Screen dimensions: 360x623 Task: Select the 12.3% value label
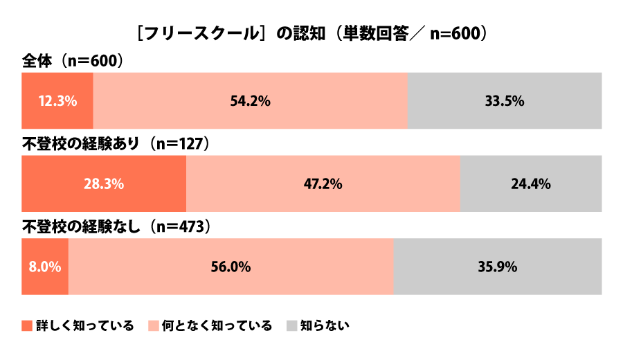click(57, 101)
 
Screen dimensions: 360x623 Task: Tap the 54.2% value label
click(250, 101)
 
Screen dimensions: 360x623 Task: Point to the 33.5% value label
click(505, 101)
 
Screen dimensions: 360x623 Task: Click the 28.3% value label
click(104, 184)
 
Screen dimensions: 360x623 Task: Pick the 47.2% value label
click(323, 184)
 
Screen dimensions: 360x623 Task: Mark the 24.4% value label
click(531, 184)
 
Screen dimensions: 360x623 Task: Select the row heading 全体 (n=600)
click(73, 61)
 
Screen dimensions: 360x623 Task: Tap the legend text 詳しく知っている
click(84, 325)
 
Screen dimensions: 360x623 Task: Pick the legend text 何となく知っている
click(217, 325)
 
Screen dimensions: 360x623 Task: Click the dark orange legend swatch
click(27, 325)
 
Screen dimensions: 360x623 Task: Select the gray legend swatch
click(291, 325)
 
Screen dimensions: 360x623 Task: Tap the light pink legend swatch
click(154, 325)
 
